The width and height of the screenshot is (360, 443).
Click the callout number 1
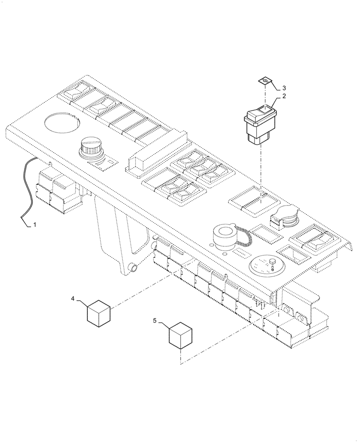[x=34, y=225]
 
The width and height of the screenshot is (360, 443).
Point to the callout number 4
[x=73, y=299]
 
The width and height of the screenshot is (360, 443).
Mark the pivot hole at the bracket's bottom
[x=133, y=267]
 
